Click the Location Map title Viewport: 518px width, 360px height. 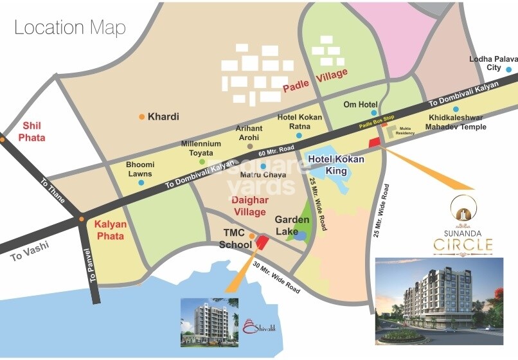click(69, 28)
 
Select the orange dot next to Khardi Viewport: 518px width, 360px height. click(141, 117)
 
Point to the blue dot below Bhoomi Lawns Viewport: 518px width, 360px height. click(141, 183)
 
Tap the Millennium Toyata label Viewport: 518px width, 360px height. click(201, 148)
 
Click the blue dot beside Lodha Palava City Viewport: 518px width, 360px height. click(509, 69)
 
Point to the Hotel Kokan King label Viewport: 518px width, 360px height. click(336, 165)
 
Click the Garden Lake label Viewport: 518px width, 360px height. click(292, 225)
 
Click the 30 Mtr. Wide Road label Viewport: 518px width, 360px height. click(276, 278)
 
